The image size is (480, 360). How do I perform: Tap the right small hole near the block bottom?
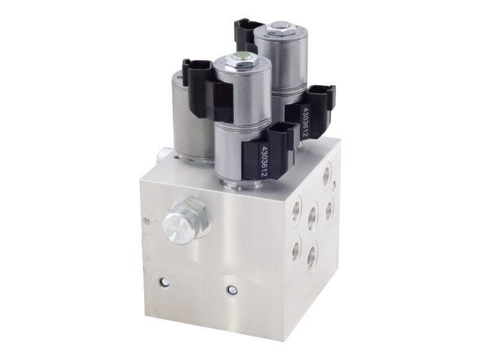click(x=229, y=290)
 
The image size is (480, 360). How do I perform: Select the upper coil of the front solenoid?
click(x=240, y=90)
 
